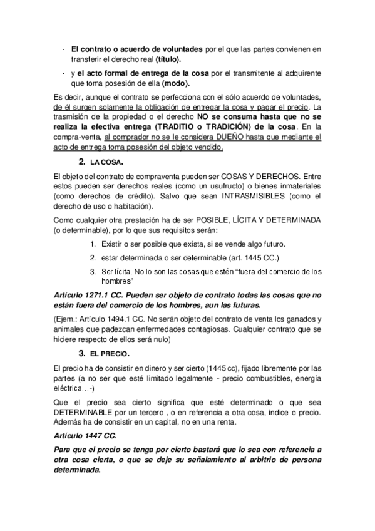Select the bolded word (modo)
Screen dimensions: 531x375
click(x=176, y=83)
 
